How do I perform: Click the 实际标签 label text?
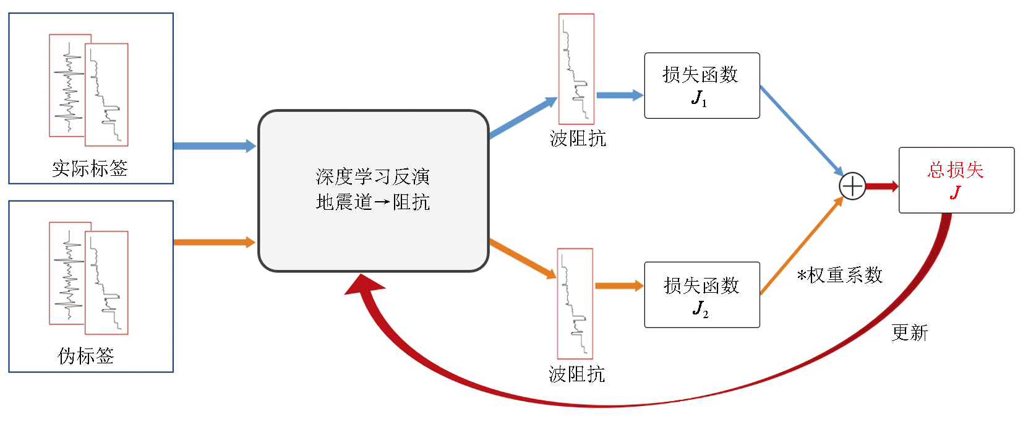click(x=90, y=168)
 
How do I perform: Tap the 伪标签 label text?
click(x=86, y=356)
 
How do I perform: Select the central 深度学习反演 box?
click(x=373, y=191)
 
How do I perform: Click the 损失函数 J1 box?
click(x=701, y=85)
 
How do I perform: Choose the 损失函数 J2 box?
click(x=701, y=295)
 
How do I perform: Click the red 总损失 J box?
click(x=956, y=180)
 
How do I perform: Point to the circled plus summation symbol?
click(x=852, y=186)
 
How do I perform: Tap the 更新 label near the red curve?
click(x=909, y=333)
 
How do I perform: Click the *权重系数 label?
click(x=839, y=275)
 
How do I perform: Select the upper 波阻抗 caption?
click(x=578, y=139)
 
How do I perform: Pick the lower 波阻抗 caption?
click(x=576, y=374)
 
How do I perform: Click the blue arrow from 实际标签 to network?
click(x=213, y=146)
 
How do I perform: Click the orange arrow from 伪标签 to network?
click(x=213, y=242)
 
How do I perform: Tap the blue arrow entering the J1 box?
click(x=619, y=95)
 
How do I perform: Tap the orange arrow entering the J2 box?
click(x=619, y=286)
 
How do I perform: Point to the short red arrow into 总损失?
click(x=882, y=186)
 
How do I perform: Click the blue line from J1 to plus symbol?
click(x=801, y=130)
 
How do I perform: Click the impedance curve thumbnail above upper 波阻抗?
click(x=576, y=69)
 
